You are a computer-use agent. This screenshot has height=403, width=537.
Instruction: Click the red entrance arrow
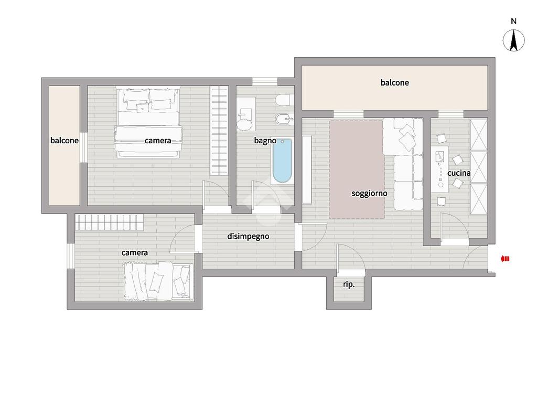pos(505,259)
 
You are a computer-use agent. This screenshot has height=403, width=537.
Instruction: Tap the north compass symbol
pos(513,40)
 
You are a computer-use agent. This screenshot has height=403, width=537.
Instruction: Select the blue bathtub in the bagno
pos(282,161)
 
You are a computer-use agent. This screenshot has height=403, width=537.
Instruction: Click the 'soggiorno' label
pos(369,194)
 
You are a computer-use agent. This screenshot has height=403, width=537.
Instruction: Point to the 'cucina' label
pos(459,173)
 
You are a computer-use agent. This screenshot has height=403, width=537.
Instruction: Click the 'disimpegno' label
pos(248,237)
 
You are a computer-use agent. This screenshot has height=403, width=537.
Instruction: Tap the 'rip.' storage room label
pos(349,284)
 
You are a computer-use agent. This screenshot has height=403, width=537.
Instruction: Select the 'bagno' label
pos(265,141)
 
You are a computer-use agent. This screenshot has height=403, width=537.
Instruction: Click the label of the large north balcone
pos(394,82)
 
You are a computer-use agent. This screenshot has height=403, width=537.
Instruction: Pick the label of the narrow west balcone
pos(65,141)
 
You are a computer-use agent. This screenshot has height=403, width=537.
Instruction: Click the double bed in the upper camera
pos(148,122)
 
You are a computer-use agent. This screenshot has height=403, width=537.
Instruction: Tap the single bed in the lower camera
pos(158,281)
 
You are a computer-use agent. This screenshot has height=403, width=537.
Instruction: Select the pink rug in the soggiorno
pos(357,169)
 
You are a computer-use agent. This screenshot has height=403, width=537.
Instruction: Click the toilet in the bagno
pos(284,100)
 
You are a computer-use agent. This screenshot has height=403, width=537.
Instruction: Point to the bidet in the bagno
pos(285,119)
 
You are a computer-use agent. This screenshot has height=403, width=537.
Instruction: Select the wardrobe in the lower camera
pos(109,222)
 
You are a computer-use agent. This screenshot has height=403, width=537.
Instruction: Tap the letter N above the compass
pos(513,21)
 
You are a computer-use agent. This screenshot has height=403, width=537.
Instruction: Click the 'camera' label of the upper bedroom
pos(158,141)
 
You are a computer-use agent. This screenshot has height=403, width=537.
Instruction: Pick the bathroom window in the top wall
pos(265,81)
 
